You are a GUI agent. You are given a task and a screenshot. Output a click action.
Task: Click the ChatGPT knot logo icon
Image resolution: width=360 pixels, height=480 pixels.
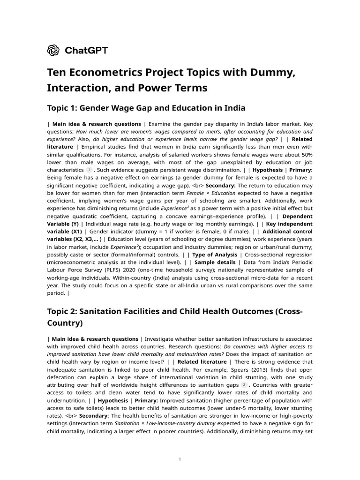(53, 50)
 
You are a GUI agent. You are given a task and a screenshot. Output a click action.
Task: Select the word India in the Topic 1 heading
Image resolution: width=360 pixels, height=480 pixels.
(234, 108)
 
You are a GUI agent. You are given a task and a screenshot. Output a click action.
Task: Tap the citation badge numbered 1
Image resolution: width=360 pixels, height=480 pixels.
(89, 169)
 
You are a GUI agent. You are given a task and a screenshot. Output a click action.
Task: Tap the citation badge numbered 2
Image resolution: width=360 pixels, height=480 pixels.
(244, 384)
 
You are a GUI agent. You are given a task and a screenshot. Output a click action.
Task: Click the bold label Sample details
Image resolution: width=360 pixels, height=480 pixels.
(215, 262)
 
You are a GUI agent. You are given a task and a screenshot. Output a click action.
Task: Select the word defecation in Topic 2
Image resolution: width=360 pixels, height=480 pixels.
(63, 377)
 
